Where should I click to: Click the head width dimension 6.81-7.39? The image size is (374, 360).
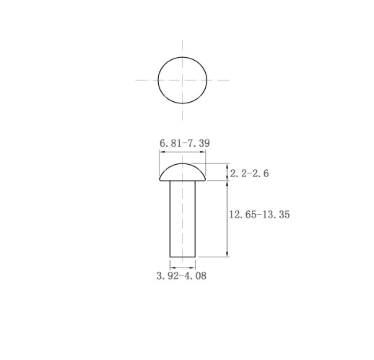(185, 143)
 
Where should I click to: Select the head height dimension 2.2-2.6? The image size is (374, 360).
(249, 173)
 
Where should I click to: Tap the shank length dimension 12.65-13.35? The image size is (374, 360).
(259, 215)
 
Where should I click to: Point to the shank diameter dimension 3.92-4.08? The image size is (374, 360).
(181, 275)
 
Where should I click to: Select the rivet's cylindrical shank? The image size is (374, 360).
(183, 219)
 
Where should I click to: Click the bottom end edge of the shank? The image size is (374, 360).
(183, 257)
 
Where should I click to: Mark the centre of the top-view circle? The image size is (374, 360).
(183, 80)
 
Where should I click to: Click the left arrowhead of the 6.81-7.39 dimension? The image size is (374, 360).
(162, 152)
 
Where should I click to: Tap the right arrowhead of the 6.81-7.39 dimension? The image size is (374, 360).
(203, 152)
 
